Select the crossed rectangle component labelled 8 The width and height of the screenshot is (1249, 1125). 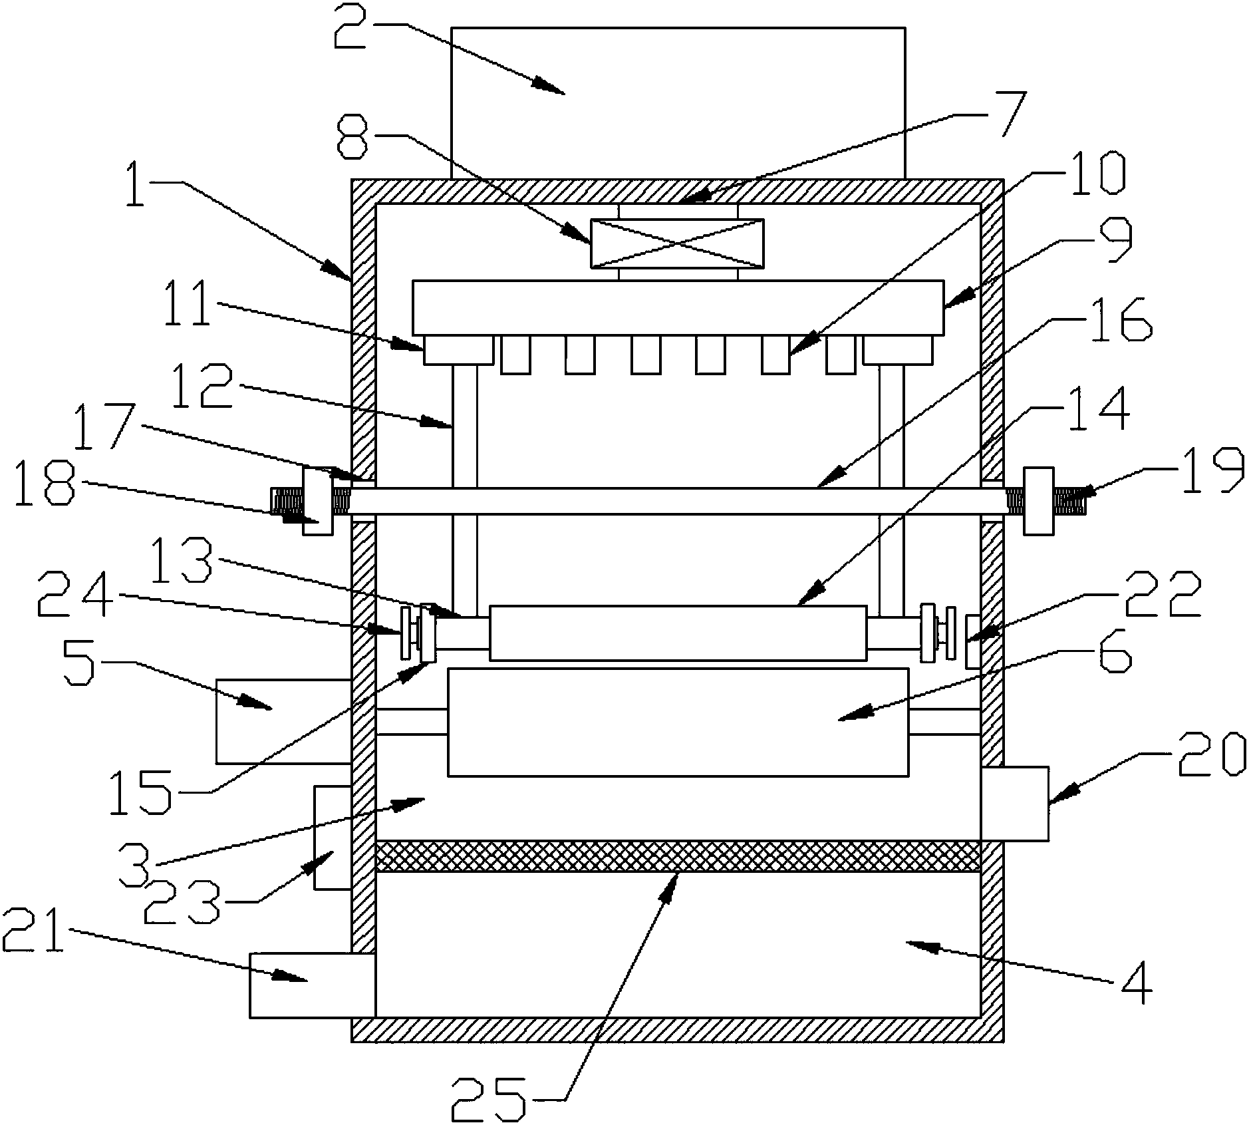click(677, 243)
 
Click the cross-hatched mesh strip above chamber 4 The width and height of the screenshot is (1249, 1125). click(678, 856)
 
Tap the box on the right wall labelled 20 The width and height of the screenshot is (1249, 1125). click(1015, 804)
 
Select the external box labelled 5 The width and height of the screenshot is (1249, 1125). click(283, 721)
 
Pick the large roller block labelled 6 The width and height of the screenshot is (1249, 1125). click(678, 722)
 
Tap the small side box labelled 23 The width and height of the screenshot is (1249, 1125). click(333, 837)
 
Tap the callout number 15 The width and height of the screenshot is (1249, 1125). click(141, 792)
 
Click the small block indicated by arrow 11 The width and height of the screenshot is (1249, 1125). click(458, 350)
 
